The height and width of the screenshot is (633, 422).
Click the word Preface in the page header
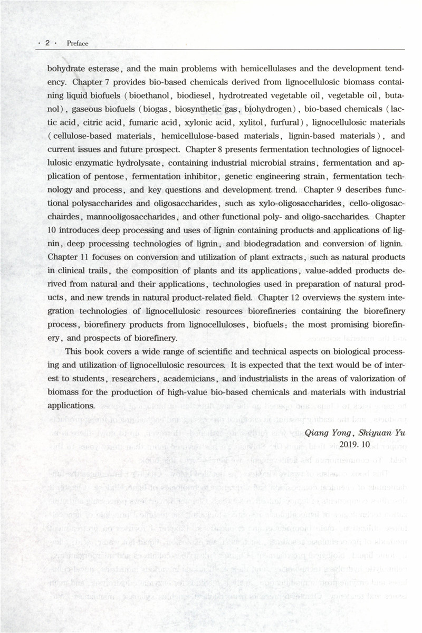pyautogui.click(x=78, y=43)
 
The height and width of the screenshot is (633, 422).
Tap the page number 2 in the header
pyautogui.click(x=47, y=43)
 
